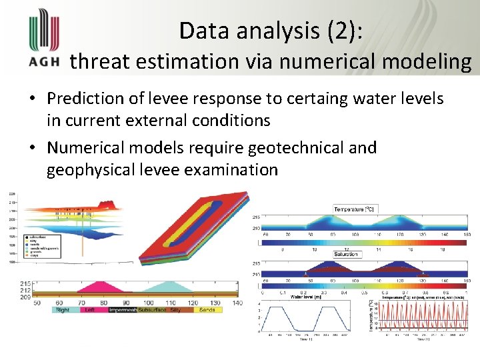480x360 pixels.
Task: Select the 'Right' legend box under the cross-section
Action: pos(63,310)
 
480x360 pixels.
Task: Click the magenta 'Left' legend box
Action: pos(90,310)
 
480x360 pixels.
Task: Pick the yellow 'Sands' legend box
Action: pos(207,310)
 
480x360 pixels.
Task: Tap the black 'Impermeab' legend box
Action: pos(123,310)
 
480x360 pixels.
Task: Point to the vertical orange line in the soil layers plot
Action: pos(83,233)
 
